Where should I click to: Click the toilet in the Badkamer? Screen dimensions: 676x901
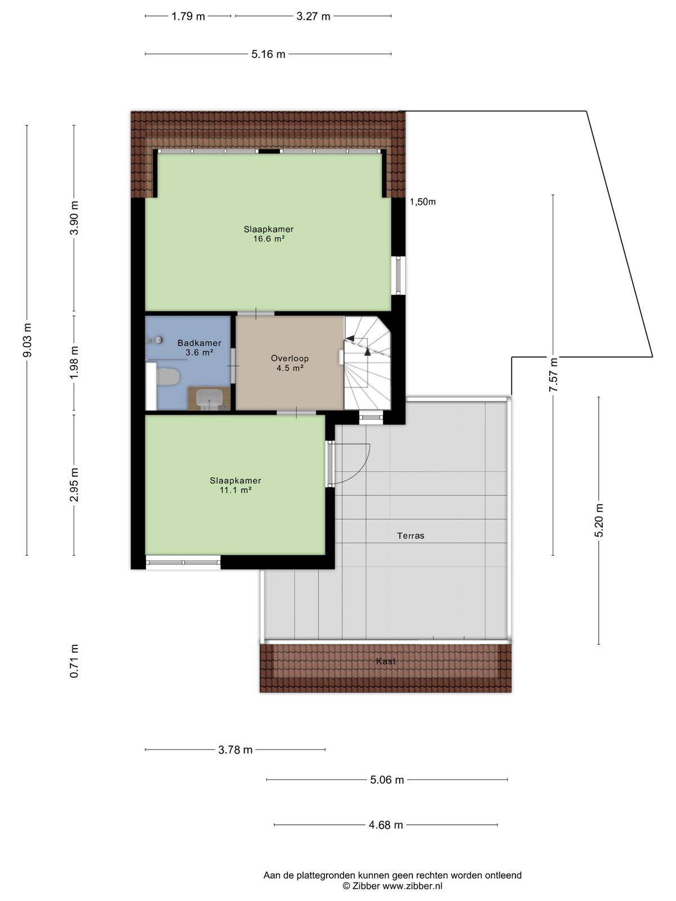[x=168, y=376]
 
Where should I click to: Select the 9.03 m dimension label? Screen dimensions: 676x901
[x=27, y=340]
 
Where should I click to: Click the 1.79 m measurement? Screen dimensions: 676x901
[x=188, y=16]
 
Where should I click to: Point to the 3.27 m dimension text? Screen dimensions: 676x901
[x=313, y=16]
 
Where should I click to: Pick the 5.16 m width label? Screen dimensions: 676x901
[x=269, y=54]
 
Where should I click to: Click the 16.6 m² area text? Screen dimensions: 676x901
[x=269, y=239]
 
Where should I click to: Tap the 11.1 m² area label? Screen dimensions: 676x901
[x=235, y=490]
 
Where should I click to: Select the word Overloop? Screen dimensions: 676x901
[x=290, y=358]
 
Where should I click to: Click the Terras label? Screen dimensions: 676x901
[x=411, y=536]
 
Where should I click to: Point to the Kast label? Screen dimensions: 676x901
[x=386, y=661]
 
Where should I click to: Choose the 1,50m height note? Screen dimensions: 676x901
[x=422, y=202]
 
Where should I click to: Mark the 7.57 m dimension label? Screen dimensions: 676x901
[x=553, y=374]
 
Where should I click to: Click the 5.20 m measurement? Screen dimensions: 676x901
[x=599, y=520]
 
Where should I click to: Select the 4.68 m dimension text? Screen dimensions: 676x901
[x=386, y=825]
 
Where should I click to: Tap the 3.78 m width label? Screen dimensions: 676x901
[x=235, y=750]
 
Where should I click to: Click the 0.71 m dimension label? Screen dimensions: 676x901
[x=74, y=661]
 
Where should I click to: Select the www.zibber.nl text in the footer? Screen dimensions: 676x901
[x=412, y=886]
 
